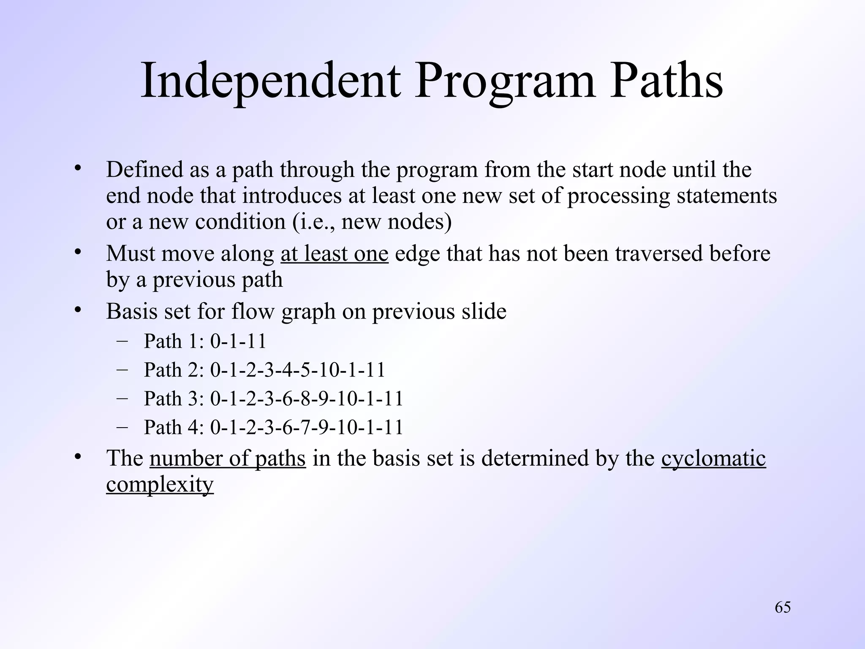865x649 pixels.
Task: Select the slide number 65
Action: pyautogui.click(x=783, y=607)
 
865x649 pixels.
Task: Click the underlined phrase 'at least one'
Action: pyautogui.click(x=334, y=254)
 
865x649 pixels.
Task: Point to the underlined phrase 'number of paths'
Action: pyautogui.click(x=227, y=458)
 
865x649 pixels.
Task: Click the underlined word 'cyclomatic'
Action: pyautogui.click(x=713, y=458)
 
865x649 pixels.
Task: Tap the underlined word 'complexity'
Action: pyautogui.click(x=160, y=484)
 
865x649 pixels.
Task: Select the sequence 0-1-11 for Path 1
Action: pyautogui.click(x=238, y=341)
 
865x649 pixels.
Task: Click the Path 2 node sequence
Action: pyautogui.click(x=298, y=370)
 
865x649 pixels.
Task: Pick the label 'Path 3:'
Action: pyautogui.click(x=174, y=398)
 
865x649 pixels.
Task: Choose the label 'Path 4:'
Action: pyautogui.click(x=174, y=427)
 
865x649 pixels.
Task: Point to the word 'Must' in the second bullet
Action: pyautogui.click(x=130, y=254)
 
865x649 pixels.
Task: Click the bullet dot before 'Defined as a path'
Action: pyautogui.click(x=77, y=169)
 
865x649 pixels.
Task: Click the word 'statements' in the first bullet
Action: pyautogui.click(x=726, y=196)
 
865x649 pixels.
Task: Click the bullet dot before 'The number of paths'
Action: pyautogui.click(x=77, y=457)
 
